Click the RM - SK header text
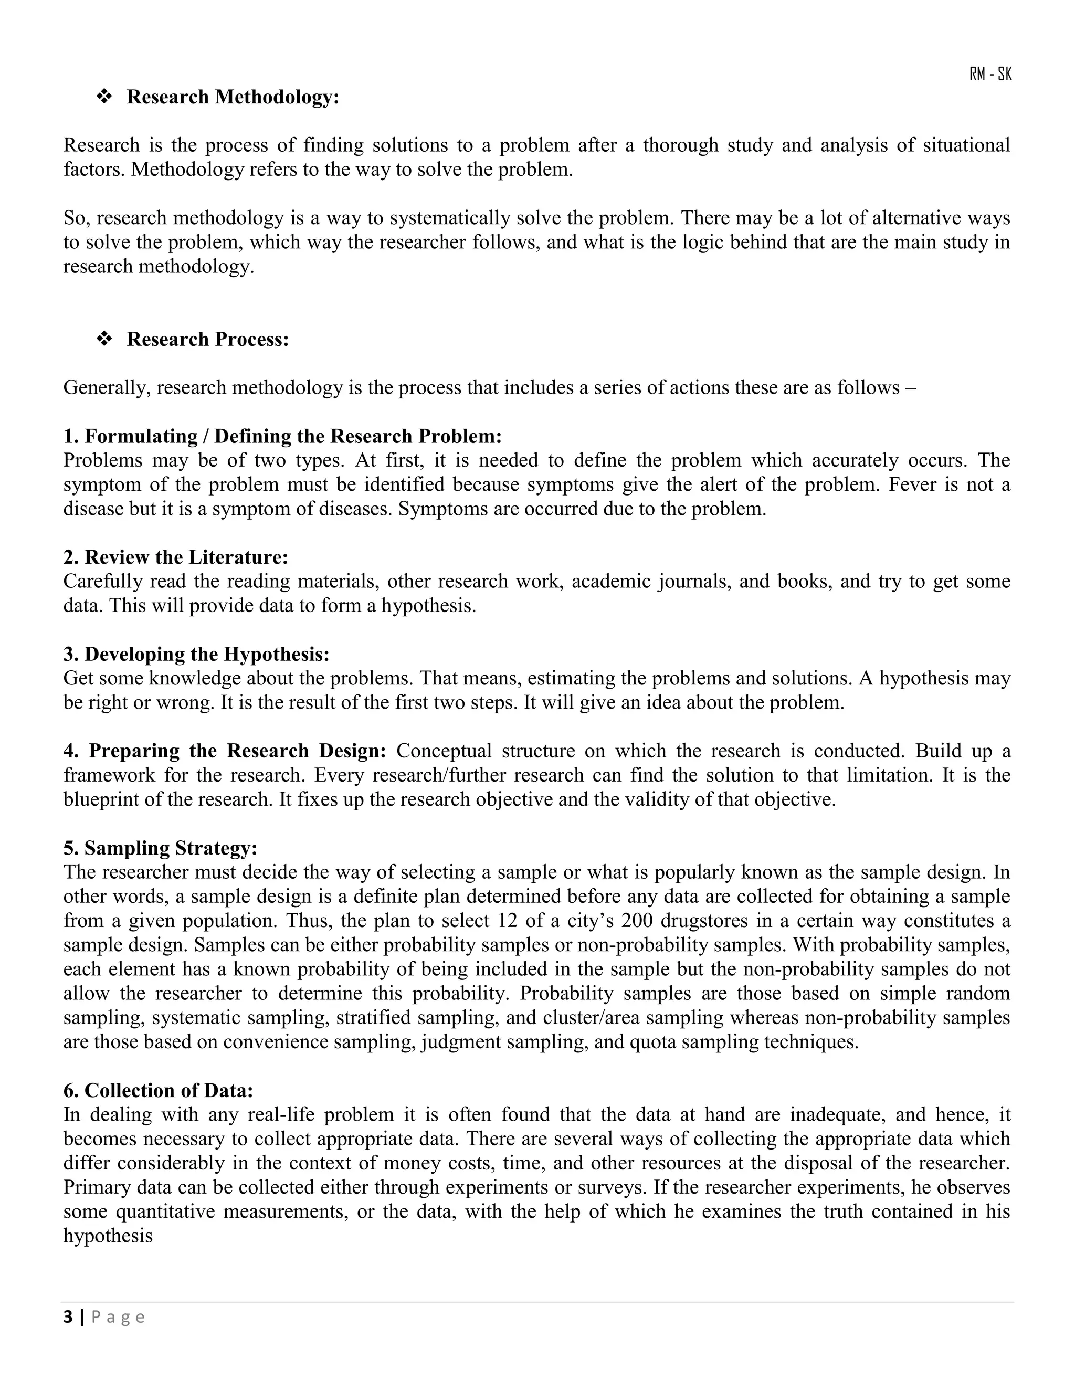[990, 75]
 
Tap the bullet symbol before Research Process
[104, 340]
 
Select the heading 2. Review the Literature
[175, 557]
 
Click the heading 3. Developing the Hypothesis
[196, 654]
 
